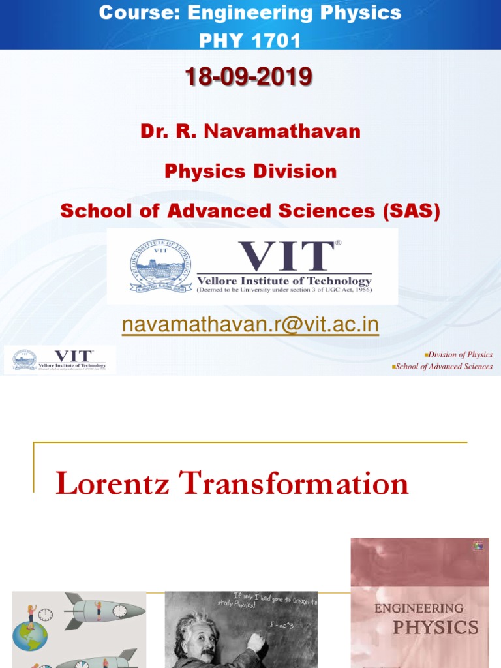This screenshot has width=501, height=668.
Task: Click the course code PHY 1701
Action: pyautogui.click(x=250, y=40)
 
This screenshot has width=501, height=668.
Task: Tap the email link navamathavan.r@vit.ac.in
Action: pyautogui.click(x=250, y=324)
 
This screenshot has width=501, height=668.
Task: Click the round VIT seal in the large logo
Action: pyautogui.click(x=160, y=266)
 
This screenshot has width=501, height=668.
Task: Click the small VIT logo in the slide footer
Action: pyautogui.click(x=60, y=360)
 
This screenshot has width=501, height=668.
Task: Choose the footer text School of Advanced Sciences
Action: pyautogui.click(x=444, y=367)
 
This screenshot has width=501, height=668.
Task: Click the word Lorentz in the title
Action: pyautogui.click(x=113, y=484)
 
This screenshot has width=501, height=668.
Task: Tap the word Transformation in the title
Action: pyautogui.click(x=294, y=484)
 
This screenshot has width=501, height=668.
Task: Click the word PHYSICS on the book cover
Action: pyautogui.click(x=434, y=628)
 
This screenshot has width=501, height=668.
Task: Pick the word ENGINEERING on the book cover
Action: pyautogui.click(x=419, y=608)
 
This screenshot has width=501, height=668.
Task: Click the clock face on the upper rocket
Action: pyautogui.click(x=119, y=611)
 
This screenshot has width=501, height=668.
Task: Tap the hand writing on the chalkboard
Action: pyautogui.click(x=256, y=643)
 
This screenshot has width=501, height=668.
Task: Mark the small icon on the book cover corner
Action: pyautogui.click(x=479, y=546)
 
